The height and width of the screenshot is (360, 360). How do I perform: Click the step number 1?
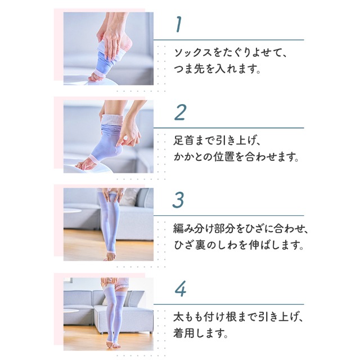click(178, 25)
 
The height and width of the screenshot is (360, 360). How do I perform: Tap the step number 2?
click(180, 112)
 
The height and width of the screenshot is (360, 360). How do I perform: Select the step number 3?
click(178, 201)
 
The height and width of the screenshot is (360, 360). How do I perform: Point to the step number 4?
click(180, 289)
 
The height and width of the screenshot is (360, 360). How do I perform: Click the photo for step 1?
click(108, 49)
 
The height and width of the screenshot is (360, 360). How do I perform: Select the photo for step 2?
click(108, 137)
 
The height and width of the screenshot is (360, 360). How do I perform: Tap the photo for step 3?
click(108, 224)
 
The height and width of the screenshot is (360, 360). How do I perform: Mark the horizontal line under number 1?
click(228, 40)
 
